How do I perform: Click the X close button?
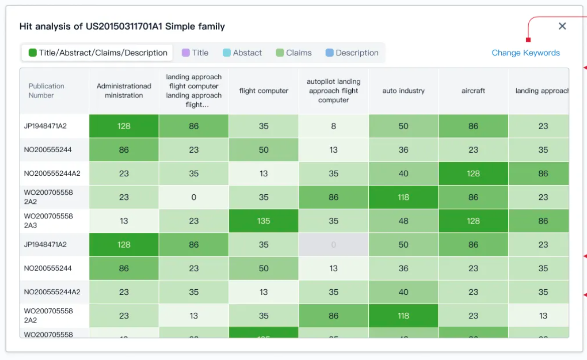pos(562,26)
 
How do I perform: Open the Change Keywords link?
pos(525,53)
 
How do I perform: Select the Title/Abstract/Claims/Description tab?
pos(98,53)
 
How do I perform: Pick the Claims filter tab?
pos(293,53)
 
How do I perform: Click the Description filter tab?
pos(352,53)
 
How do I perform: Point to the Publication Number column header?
pos(47,91)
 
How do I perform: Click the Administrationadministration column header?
pos(124,91)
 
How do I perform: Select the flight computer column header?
pos(263,91)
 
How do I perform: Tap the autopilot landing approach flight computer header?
pos(334,91)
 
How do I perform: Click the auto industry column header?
pos(403,91)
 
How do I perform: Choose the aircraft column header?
pos(473,91)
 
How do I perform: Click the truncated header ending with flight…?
pos(194,91)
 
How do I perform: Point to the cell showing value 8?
pos(334,126)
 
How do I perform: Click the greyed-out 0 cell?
pos(334,245)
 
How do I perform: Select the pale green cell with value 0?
pos(194,197)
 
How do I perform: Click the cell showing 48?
pos(403,221)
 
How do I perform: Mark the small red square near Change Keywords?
pos(527,40)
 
